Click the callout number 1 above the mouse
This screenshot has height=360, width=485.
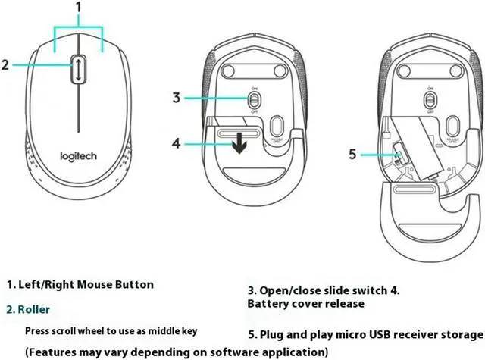click(79, 8)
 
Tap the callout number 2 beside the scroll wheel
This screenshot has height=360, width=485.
click(5, 65)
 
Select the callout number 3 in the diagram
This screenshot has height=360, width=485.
click(175, 97)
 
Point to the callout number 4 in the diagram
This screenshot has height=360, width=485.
click(175, 142)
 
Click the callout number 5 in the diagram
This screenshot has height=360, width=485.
click(352, 155)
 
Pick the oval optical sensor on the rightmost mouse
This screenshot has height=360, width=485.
click(452, 125)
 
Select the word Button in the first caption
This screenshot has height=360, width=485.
click(132, 285)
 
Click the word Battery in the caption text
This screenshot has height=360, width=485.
click(270, 303)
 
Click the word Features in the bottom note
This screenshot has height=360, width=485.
click(58, 352)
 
